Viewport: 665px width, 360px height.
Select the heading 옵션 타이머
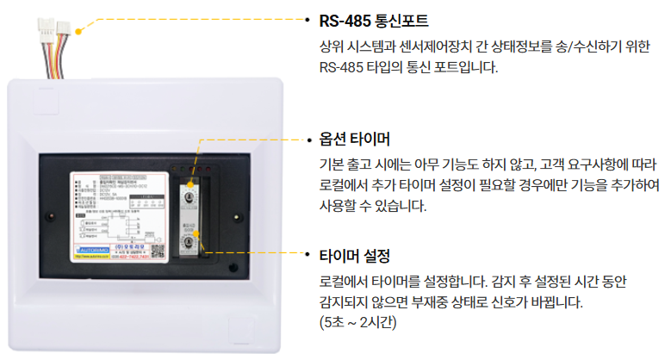[x=355, y=139]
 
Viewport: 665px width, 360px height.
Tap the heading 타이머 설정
[x=355, y=257]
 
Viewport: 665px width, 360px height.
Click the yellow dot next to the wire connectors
[x=79, y=28]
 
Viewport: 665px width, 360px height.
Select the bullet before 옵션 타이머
[x=309, y=139]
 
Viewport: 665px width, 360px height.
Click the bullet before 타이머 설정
[x=309, y=257]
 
